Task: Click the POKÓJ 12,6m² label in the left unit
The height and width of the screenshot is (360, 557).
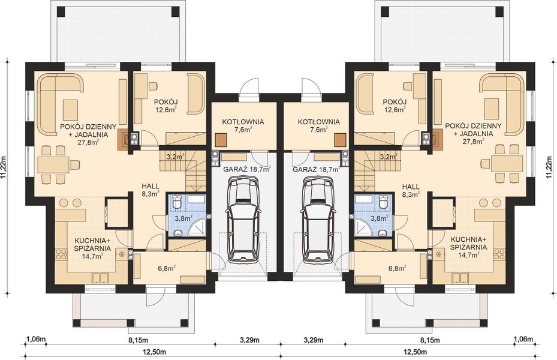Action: [165, 105]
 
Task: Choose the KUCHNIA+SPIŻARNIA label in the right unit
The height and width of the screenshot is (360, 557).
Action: [468, 246]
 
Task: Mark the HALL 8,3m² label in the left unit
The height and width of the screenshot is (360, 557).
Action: [150, 190]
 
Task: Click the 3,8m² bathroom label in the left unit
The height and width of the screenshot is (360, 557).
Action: [183, 218]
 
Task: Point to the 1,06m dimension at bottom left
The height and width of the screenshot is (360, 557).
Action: [36, 340]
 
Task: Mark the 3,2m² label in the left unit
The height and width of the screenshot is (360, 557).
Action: [174, 158]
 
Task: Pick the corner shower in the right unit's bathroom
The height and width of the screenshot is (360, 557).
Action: [362, 227]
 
